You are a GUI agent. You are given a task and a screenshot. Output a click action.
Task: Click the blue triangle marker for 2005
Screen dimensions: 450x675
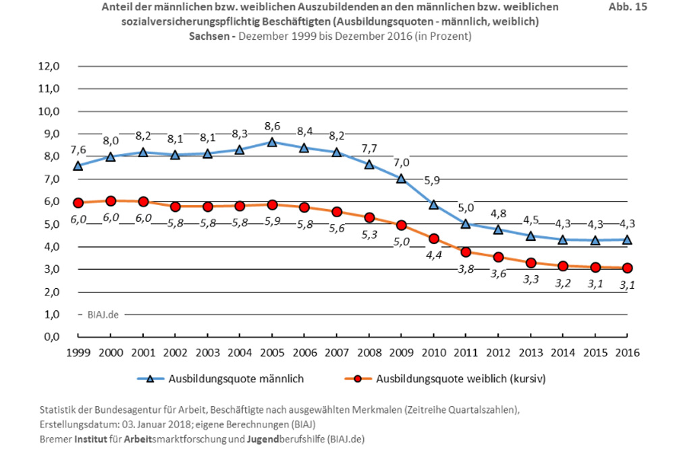point(272,142)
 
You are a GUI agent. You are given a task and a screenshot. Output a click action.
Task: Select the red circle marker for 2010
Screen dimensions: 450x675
point(433,238)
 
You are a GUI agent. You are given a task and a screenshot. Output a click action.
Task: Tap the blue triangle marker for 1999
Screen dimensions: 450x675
point(78,165)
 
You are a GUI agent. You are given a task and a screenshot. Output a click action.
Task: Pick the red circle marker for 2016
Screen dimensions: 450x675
point(627,268)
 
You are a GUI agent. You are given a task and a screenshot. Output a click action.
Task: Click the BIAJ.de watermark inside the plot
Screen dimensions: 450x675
point(103,314)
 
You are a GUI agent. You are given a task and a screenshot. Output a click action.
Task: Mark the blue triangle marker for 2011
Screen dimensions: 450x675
point(466,224)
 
